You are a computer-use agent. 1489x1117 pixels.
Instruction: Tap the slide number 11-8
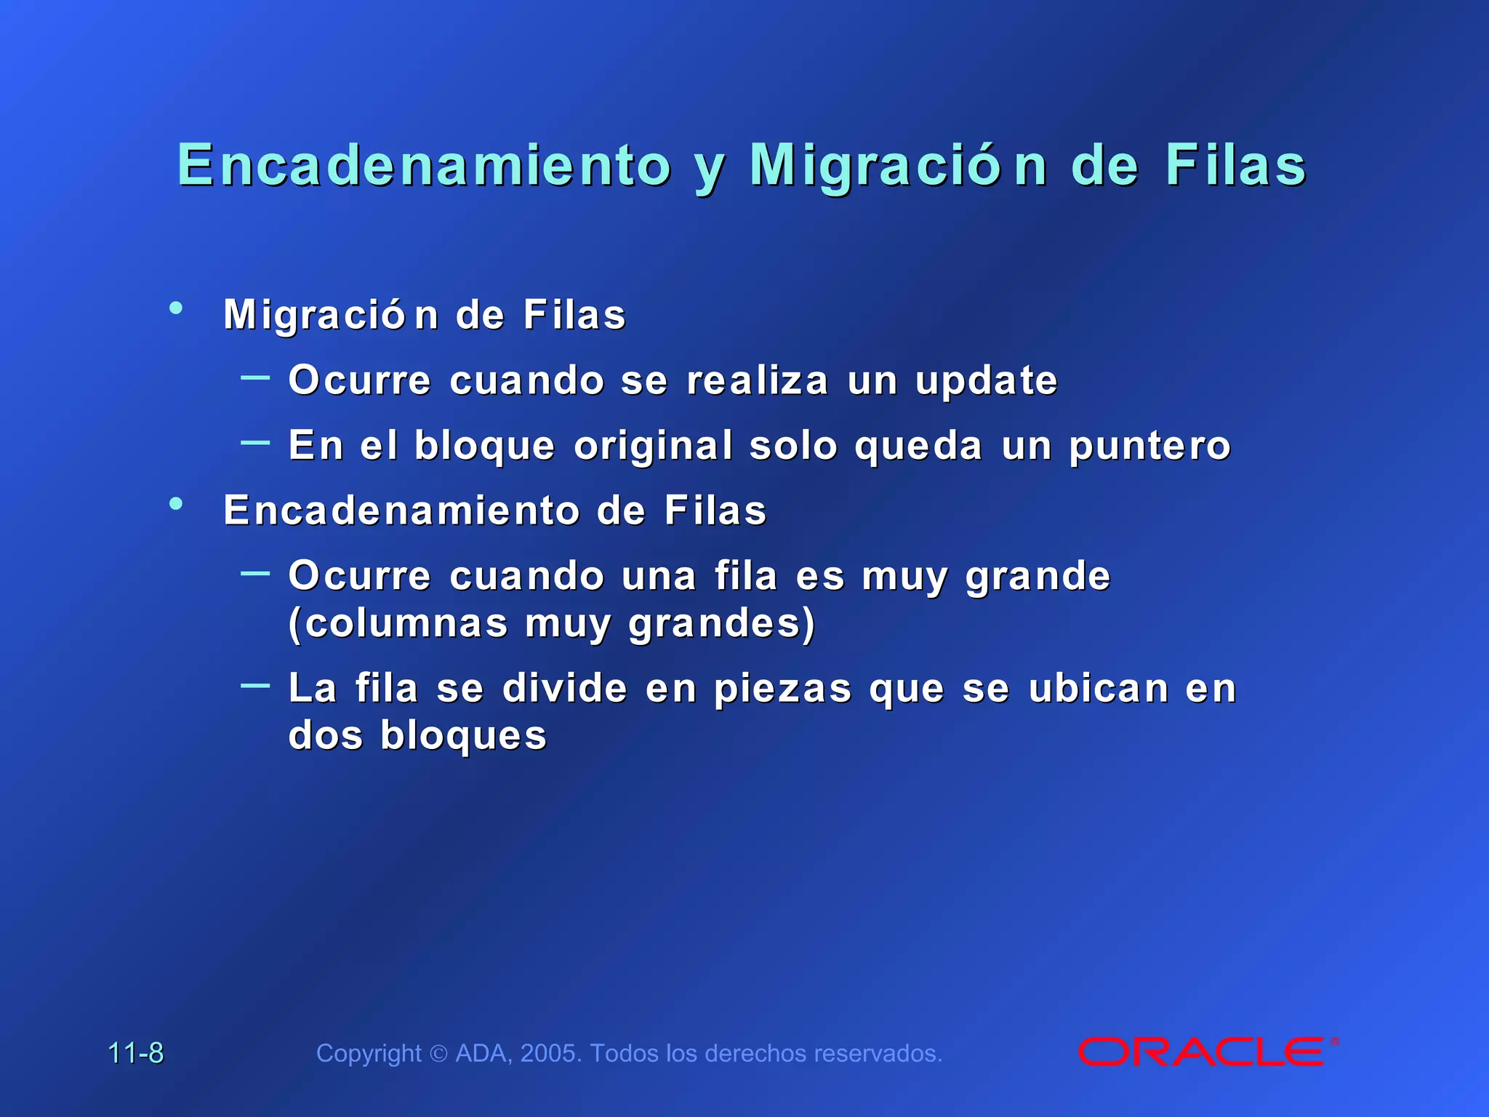(x=136, y=1053)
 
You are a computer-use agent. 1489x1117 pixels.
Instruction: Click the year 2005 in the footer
(x=550, y=1053)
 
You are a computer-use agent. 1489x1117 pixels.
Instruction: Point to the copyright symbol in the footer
(x=438, y=1054)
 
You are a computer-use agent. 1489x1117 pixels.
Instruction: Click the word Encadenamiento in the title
(x=424, y=165)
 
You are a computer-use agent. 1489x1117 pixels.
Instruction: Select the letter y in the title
(x=710, y=169)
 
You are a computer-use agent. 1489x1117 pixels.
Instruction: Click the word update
(x=986, y=381)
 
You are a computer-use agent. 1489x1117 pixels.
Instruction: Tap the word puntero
(x=1149, y=447)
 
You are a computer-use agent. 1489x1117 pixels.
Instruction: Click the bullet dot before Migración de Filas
(x=175, y=308)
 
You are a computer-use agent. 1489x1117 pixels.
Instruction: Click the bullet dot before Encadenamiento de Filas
(x=175, y=503)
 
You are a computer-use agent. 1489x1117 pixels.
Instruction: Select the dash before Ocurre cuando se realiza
(x=255, y=377)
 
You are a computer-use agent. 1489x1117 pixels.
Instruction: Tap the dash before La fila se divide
(x=255, y=685)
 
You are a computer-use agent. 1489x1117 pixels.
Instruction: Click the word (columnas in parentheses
(x=398, y=624)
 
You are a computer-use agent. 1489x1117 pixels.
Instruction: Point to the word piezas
(x=782, y=689)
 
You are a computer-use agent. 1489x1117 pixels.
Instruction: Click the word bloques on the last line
(x=463, y=736)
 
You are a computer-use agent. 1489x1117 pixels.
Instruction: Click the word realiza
(x=758, y=381)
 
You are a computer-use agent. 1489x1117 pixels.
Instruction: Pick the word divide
(x=565, y=689)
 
